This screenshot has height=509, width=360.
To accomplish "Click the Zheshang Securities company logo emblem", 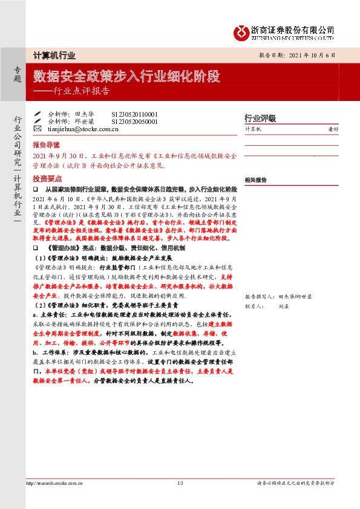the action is [240, 31].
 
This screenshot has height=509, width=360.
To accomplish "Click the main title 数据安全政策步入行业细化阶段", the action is [126, 77].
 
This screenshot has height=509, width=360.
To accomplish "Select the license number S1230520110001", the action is [134, 114].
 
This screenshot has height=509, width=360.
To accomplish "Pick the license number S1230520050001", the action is [134, 121].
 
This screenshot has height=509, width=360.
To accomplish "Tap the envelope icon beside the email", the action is [38, 128].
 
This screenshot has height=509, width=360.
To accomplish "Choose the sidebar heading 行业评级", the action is [260, 118].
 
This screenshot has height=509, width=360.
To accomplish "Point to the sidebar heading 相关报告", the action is [257, 180].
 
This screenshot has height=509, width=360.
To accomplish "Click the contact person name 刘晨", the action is [283, 306].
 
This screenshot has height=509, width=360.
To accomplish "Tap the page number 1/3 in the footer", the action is [180, 483].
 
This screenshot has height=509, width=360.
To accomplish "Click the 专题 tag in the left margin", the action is [17, 74].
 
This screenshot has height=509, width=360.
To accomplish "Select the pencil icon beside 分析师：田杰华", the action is [38, 114].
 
